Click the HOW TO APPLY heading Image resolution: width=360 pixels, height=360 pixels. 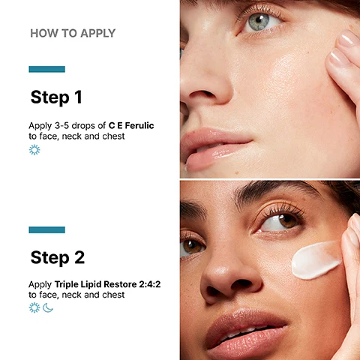(73, 33)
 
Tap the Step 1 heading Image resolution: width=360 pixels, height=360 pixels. (56, 97)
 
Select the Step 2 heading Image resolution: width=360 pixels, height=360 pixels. (58, 257)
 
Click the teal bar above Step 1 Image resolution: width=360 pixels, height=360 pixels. (47, 69)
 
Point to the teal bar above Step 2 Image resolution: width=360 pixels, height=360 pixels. (47, 229)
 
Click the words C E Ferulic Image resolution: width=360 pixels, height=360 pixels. (131, 125)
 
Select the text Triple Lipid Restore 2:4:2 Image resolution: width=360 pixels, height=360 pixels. (107, 284)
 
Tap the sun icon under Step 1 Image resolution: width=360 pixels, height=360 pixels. (34, 150)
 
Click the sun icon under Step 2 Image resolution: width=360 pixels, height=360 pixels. (34, 307)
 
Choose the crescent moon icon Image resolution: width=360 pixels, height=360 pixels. (47, 308)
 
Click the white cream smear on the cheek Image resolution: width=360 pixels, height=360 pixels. (316, 260)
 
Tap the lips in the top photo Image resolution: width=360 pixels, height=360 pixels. (215, 148)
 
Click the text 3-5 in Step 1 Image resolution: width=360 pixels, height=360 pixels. (61, 125)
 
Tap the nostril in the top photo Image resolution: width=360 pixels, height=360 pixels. (203, 94)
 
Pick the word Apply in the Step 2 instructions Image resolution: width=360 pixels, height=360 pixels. (40, 285)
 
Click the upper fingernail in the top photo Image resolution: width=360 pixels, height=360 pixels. (348, 39)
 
